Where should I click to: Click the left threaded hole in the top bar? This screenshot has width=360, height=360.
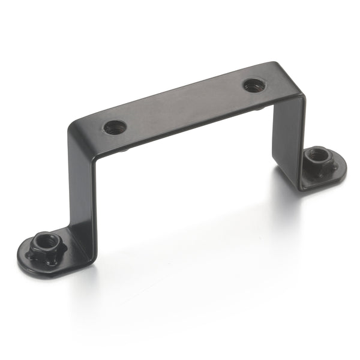click(115, 127)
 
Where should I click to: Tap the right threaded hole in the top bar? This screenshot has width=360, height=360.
click(254, 85)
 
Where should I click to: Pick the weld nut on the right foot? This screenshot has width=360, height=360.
click(316, 161)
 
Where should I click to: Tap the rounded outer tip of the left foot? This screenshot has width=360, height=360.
click(24, 258)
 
